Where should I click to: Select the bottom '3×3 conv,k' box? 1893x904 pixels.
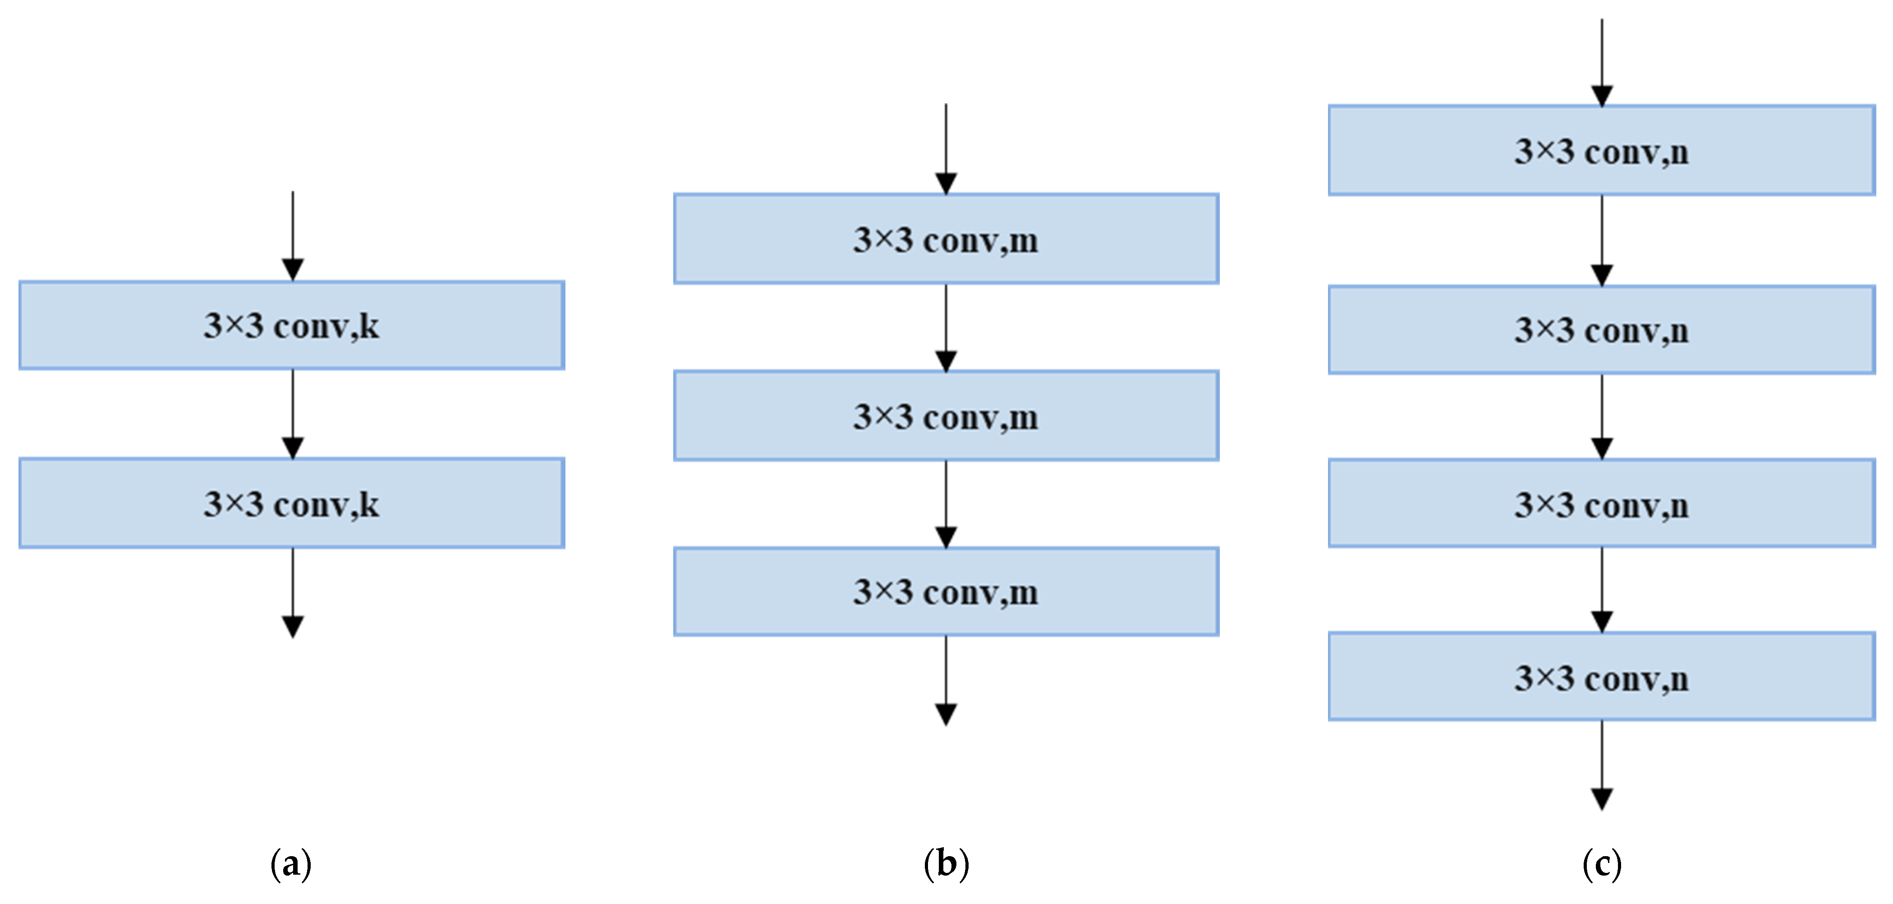292,503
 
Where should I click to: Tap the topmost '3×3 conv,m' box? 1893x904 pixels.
946,239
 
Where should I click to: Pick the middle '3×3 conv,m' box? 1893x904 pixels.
946,416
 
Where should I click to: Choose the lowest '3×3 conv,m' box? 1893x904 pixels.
946,592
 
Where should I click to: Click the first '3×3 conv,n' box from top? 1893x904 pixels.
1601,151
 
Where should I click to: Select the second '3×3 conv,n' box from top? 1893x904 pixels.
1601,330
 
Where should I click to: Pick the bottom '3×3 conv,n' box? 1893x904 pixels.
1601,677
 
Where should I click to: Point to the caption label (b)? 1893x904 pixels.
946,864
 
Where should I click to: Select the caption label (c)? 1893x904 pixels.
1601,864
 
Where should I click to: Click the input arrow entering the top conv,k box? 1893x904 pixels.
293,235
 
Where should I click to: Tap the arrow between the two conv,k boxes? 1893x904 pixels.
293,414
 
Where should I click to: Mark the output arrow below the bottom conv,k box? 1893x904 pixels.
293,592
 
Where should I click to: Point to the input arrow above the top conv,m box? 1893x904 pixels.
946,148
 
